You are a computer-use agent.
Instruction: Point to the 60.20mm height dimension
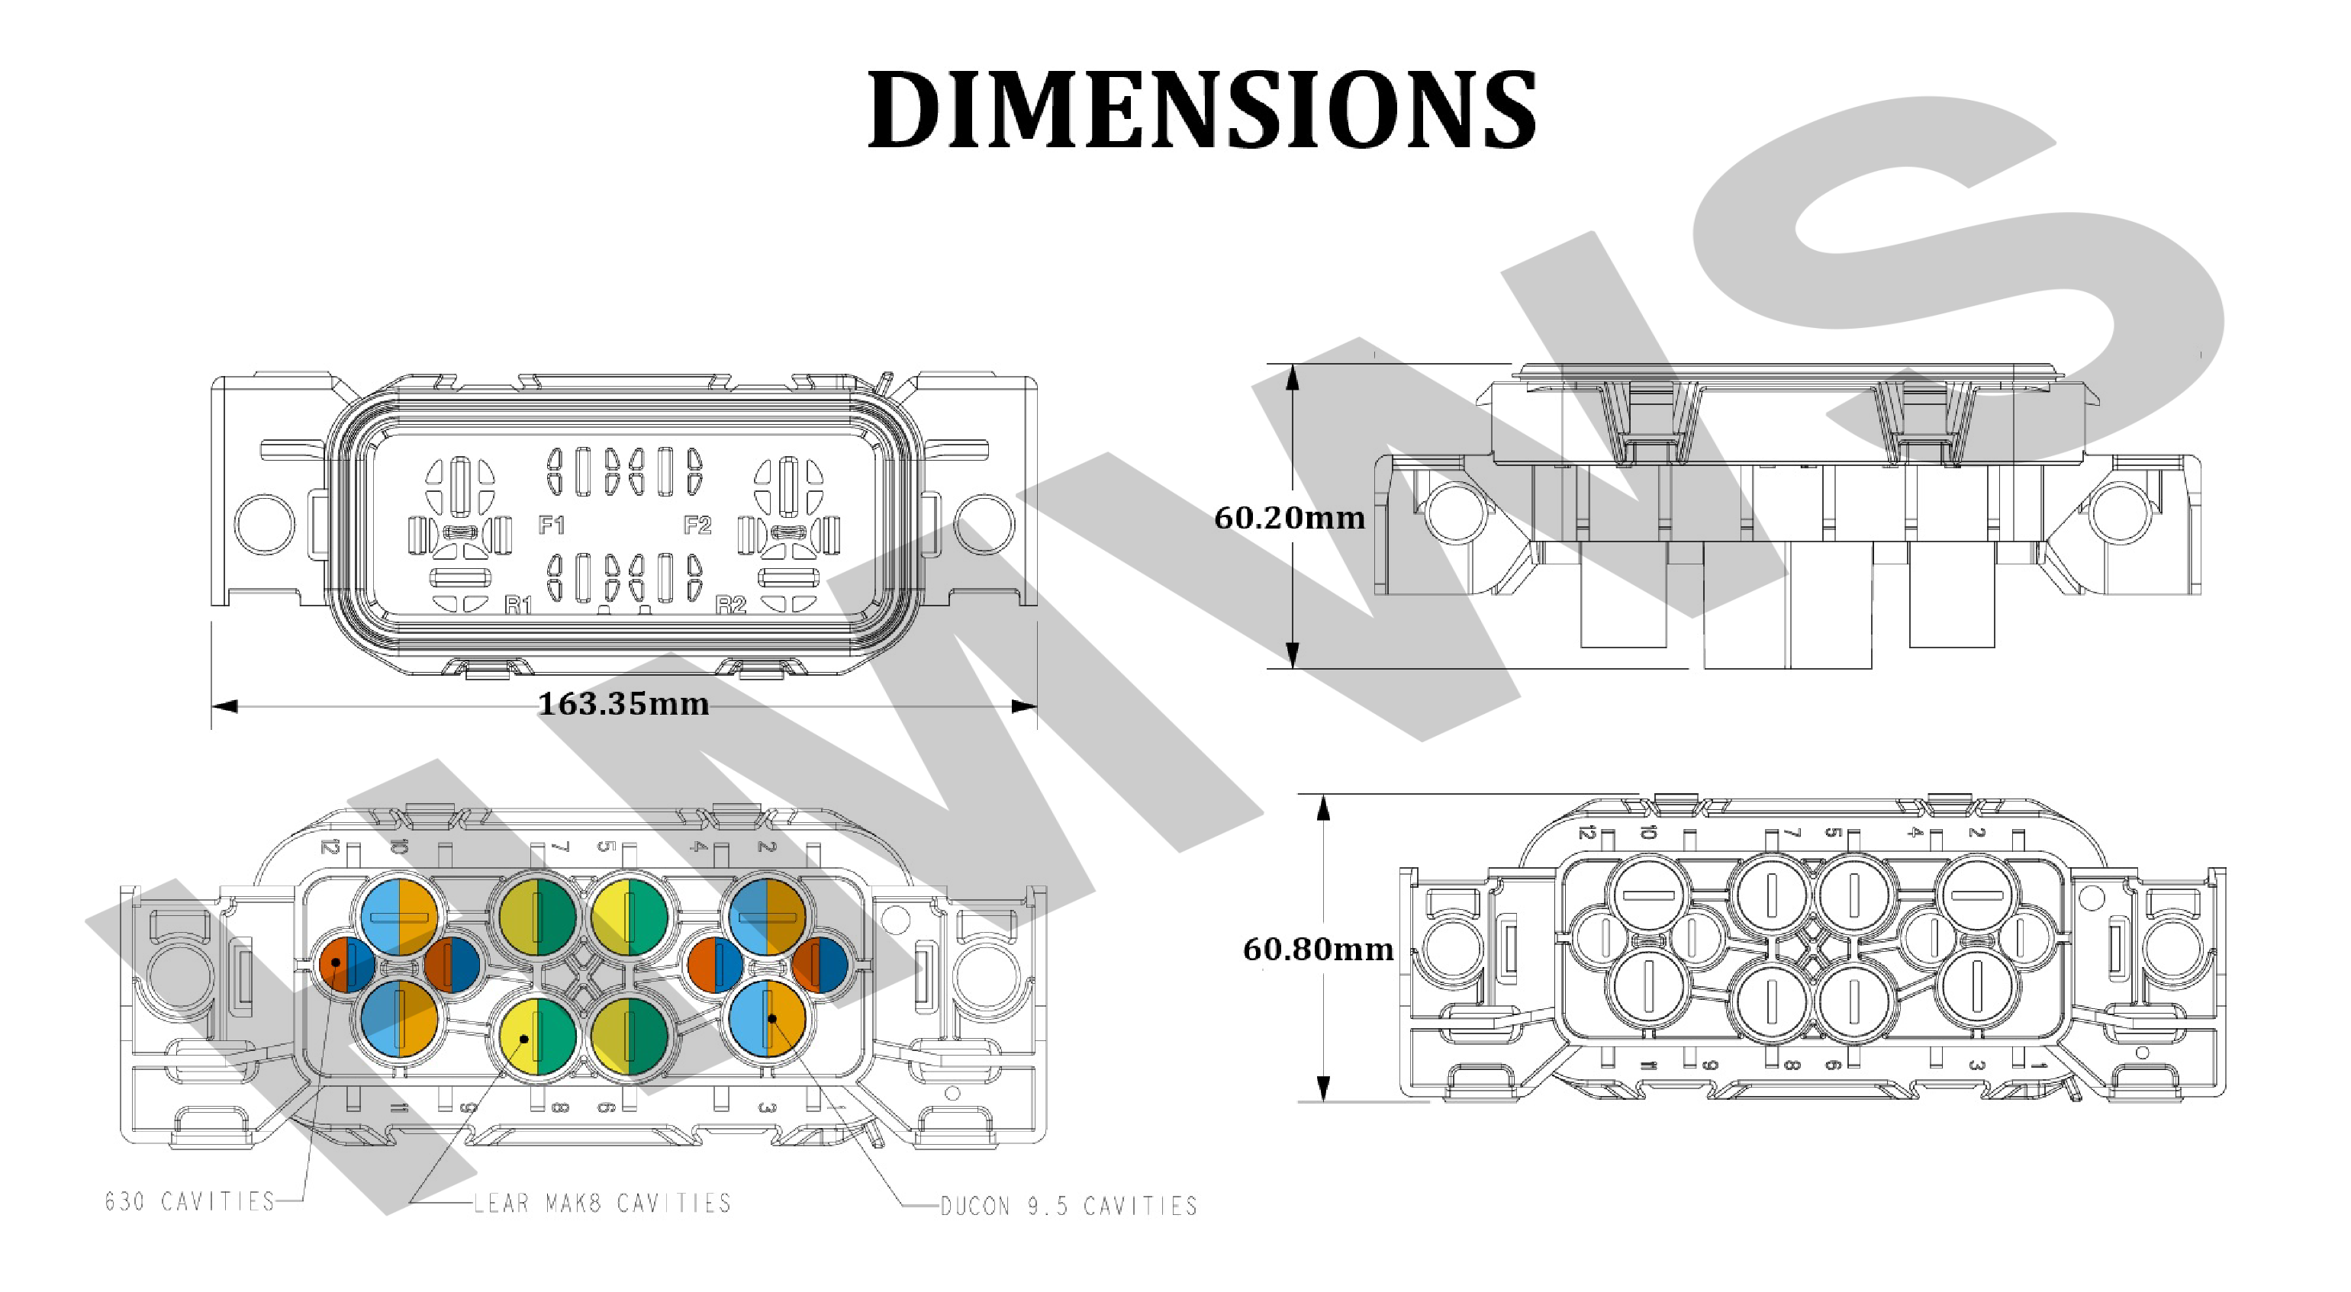[1289, 519]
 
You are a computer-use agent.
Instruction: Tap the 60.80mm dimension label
[1318, 950]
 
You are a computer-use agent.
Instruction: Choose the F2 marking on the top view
[697, 525]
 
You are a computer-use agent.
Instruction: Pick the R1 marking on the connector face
[518, 604]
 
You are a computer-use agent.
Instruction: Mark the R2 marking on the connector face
[731, 604]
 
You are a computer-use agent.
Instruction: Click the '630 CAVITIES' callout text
[190, 1202]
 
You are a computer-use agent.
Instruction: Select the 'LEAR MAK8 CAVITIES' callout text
[602, 1204]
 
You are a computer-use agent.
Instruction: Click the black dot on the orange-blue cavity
[336, 963]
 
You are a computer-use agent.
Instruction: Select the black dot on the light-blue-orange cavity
[772, 1018]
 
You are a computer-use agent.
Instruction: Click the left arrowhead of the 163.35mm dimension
[224, 706]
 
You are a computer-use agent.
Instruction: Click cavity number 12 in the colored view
[330, 847]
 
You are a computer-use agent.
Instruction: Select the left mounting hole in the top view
[265, 524]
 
